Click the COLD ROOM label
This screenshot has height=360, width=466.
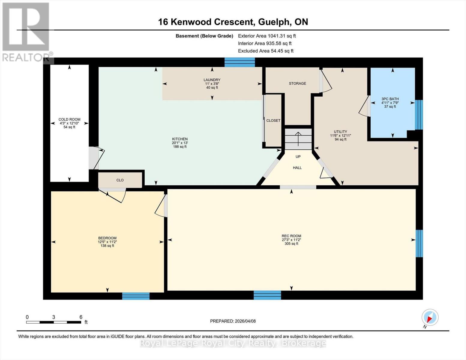(69, 119)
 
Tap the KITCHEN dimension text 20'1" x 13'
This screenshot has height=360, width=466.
(180, 143)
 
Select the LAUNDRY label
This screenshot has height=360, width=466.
(212, 80)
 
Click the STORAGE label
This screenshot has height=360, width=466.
(297, 83)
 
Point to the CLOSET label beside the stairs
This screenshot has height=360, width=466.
(273, 121)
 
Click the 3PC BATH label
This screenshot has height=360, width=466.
(390, 99)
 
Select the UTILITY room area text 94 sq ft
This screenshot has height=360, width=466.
(340, 139)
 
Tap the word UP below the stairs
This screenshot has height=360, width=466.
(298, 157)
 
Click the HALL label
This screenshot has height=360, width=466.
(297, 168)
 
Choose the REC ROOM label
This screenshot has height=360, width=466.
(291, 236)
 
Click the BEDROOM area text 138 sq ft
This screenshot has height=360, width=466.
(107, 246)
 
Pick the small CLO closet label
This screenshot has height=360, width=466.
(120, 180)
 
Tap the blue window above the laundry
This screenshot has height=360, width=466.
(239, 62)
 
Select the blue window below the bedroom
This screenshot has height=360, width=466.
(136, 296)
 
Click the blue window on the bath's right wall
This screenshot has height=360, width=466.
(419, 115)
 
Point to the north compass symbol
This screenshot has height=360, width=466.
(430, 317)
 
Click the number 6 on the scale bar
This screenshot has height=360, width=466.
(81, 317)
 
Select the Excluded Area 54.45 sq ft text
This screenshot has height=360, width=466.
(266, 51)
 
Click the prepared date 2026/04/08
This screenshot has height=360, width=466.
(245, 321)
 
